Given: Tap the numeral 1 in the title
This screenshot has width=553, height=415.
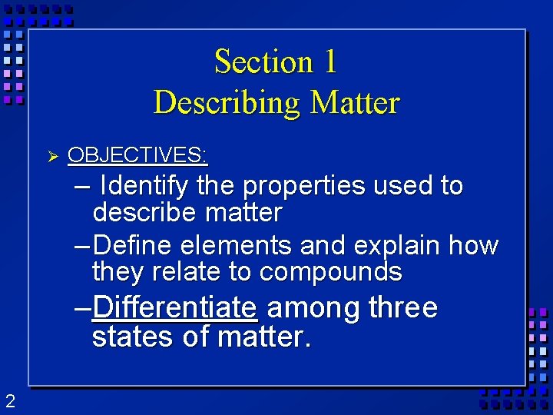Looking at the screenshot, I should (x=330, y=61).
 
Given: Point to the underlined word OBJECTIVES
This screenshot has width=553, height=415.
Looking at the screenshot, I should (x=137, y=155).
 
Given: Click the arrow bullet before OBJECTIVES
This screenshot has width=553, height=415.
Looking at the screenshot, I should (x=53, y=156).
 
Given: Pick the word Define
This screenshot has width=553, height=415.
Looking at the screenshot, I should (x=137, y=246).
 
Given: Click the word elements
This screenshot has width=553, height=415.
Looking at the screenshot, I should (x=238, y=246).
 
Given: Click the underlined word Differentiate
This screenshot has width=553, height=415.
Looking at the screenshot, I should (x=174, y=308).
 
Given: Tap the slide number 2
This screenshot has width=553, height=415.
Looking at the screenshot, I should (x=10, y=400).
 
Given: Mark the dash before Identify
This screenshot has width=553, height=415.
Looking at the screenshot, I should (x=84, y=187).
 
